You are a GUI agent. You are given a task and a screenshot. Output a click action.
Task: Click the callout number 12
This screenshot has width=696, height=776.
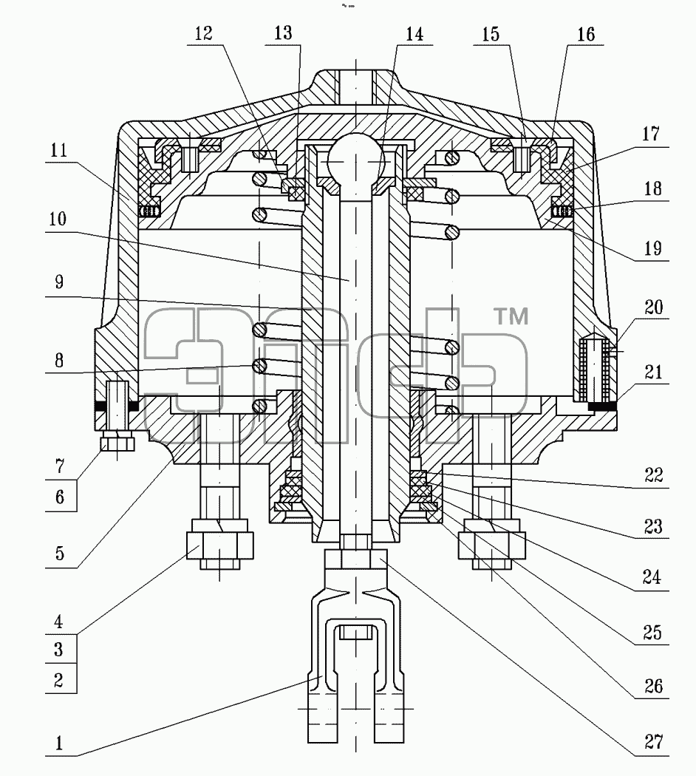click(203, 33)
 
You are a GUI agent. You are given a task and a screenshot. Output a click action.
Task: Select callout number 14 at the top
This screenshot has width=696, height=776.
click(414, 34)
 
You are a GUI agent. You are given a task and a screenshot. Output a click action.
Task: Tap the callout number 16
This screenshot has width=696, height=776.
click(586, 34)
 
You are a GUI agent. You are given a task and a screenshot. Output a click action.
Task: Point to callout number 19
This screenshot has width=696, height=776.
click(652, 248)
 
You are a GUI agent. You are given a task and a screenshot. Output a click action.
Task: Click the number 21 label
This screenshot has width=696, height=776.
click(653, 371)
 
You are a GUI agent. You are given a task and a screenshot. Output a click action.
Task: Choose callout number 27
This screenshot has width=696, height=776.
click(653, 741)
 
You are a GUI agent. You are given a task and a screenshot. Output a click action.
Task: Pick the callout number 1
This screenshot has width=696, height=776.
click(59, 743)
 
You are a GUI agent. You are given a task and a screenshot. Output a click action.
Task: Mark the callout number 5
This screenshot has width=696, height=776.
click(59, 553)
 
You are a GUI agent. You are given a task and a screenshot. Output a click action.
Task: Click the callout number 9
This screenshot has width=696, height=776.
click(59, 282)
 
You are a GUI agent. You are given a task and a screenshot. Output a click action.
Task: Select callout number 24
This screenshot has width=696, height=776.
click(652, 576)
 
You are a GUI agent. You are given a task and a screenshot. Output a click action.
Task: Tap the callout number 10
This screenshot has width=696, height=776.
click(58, 218)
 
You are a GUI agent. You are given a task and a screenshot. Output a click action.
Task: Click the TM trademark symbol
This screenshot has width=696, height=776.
click(511, 316)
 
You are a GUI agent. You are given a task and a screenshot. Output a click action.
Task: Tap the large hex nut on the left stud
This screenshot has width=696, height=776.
click(219, 545)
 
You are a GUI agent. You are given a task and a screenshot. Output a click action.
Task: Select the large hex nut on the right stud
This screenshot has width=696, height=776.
click(491, 545)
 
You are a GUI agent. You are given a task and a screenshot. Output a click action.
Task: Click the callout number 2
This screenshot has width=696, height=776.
click(59, 680)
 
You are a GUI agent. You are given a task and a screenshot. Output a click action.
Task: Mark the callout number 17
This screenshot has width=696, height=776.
click(651, 133)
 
